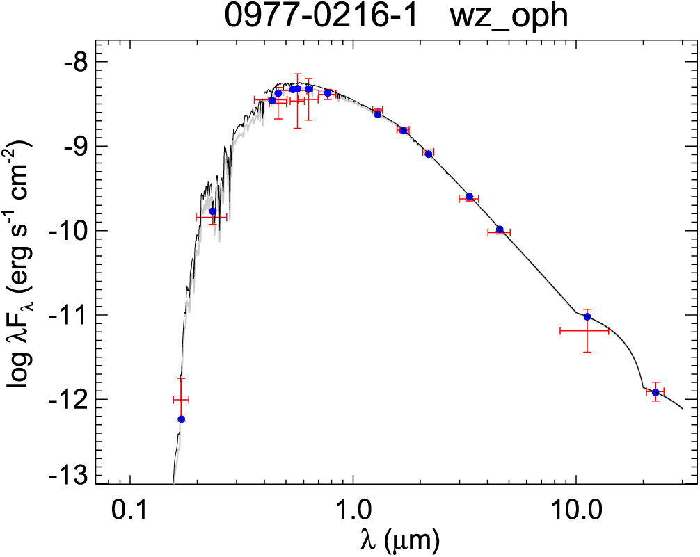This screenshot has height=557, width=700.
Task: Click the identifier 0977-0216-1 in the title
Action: [320, 17]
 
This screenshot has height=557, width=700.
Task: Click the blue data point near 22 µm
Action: [655, 393]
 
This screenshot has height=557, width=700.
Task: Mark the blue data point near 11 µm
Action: [587, 317]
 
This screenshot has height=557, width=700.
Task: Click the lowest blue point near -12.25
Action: [182, 419]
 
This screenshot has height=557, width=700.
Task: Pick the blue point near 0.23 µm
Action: [212, 211]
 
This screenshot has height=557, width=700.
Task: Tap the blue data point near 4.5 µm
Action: [500, 229]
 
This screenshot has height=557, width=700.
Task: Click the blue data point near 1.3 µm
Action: [378, 114]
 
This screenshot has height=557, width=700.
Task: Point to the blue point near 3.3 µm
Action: [470, 197]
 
